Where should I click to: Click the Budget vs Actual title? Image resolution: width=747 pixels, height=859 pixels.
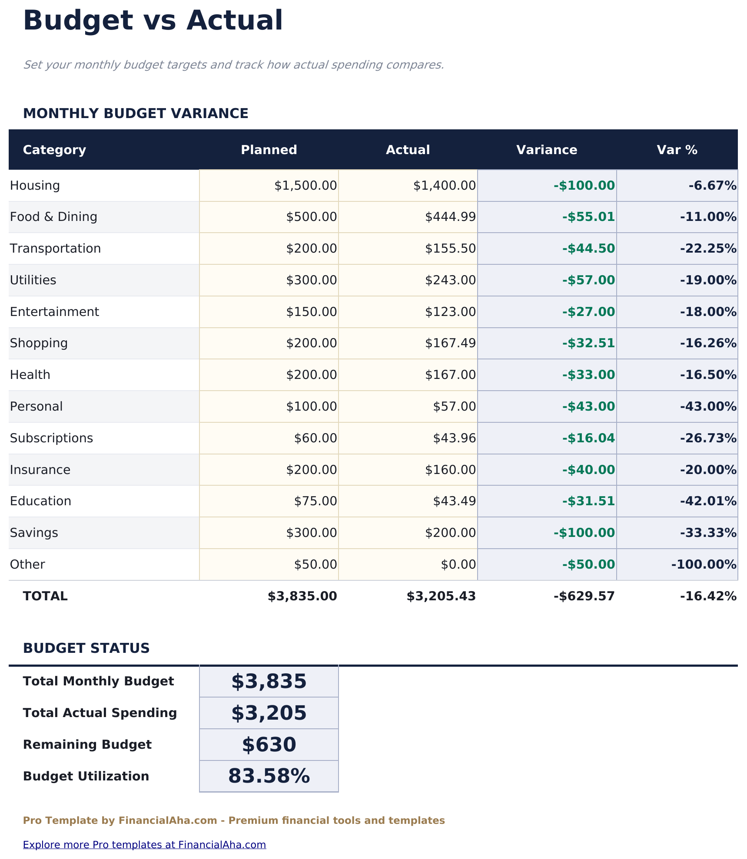(x=153, y=21)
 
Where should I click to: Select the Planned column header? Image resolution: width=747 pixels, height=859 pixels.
(x=269, y=150)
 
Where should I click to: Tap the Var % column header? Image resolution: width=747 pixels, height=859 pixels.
(x=677, y=150)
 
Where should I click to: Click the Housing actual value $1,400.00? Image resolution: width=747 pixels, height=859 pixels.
(x=444, y=186)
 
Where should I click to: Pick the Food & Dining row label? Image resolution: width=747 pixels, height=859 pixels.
(x=53, y=217)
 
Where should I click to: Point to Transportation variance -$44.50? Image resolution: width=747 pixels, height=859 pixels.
(x=588, y=249)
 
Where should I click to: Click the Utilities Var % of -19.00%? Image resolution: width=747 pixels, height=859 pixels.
(x=708, y=280)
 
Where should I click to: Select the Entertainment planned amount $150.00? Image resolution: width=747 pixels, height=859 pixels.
(x=311, y=312)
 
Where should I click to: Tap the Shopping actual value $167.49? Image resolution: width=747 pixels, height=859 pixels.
(x=450, y=343)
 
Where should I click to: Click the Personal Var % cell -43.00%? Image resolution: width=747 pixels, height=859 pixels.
(x=708, y=407)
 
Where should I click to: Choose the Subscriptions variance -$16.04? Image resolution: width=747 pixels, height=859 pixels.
(x=588, y=438)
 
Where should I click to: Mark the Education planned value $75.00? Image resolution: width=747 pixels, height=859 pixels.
(x=315, y=501)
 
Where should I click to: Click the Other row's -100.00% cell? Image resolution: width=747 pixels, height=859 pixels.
(x=704, y=565)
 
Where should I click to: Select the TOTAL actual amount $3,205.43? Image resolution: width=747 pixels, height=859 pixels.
(x=441, y=596)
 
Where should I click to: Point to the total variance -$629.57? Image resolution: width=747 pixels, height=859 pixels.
(x=584, y=596)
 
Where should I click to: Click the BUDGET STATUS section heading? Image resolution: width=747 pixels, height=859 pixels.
(x=86, y=648)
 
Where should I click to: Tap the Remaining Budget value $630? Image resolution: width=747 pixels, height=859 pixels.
(x=269, y=745)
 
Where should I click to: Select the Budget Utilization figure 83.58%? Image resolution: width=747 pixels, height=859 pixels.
(x=269, y=777)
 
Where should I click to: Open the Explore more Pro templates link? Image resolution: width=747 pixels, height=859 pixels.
(x=144, y=845)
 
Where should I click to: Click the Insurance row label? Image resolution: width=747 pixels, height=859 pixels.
(x=40, y=470)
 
